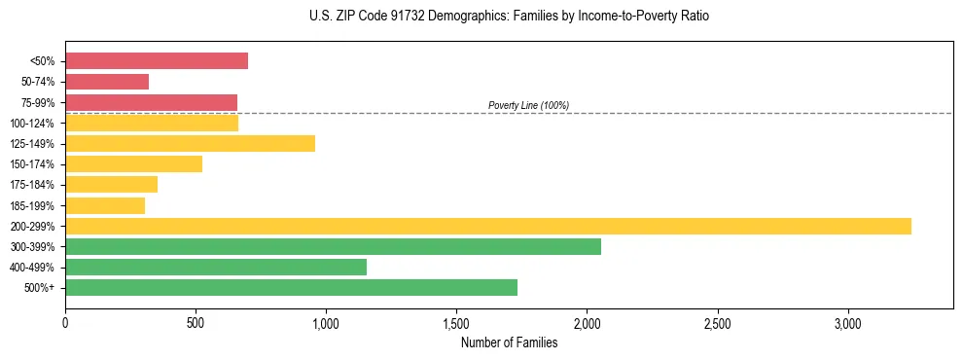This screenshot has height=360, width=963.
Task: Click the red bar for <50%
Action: (157, 61)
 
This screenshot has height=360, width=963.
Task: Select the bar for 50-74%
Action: (107, 82)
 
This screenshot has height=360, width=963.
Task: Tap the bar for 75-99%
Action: (151, 102)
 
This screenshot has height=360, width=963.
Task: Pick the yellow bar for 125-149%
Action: (190, 144)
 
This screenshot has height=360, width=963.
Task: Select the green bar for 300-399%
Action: (333, 247)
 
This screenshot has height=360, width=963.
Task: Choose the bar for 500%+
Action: (291, 288)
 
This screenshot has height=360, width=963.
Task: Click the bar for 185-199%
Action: (105, 205)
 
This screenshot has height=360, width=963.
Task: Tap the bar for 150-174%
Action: (133, 164)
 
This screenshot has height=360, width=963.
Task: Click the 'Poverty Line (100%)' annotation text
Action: (528, 105)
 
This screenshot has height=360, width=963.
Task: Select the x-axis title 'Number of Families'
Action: (509, 342)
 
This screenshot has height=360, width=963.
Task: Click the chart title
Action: (509, 17)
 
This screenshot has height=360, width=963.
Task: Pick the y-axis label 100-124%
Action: (32, 124)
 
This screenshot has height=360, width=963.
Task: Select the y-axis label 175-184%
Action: (32, 185)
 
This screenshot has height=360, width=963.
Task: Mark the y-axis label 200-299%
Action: (32, 227)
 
